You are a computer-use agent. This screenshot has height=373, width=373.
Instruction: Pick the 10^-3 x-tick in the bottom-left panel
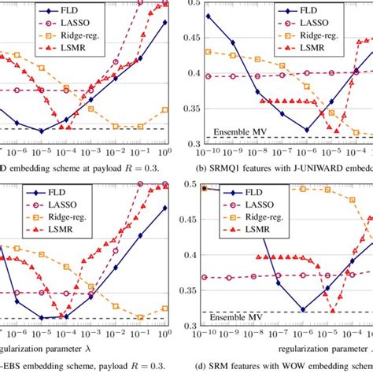point(90,328)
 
